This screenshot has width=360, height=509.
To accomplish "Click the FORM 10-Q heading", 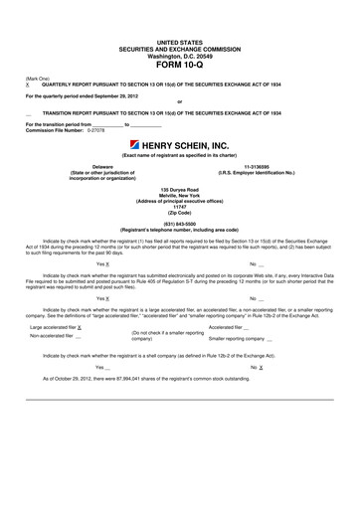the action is pos(180,66).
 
